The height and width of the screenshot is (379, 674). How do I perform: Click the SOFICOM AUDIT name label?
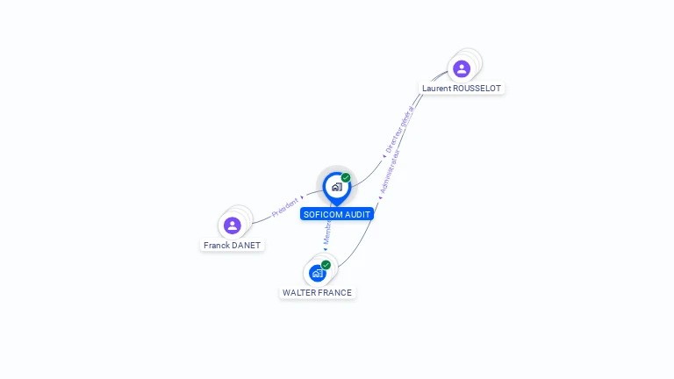click(337, 214)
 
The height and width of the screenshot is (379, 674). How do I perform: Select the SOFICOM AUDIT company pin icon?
click(336, 186)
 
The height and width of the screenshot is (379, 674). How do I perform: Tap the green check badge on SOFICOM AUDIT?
click(346, 178)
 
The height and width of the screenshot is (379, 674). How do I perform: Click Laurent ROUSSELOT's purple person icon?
click(462, 68)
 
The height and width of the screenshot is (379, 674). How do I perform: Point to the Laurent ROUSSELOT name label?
click(462, 89)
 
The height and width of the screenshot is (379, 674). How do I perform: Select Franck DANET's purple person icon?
click(233, 225)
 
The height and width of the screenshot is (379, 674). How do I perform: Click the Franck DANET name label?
click(233, 246)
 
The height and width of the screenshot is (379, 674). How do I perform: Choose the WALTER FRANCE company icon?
click(317, 273)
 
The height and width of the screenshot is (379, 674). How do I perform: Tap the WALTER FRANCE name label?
click(317, 293)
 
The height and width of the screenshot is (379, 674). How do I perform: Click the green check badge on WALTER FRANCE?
click(326, 265)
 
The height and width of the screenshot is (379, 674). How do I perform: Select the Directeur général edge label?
click(399, 129)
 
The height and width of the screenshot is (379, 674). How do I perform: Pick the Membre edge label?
click(327, 233)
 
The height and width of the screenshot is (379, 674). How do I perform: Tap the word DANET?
click(246, 246)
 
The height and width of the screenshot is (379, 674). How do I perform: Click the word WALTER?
click(299, 293)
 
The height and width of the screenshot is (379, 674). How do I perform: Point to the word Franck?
click(217, 246)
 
